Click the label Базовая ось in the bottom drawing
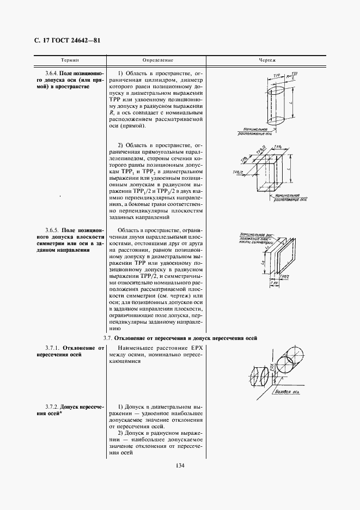[288, 392]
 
